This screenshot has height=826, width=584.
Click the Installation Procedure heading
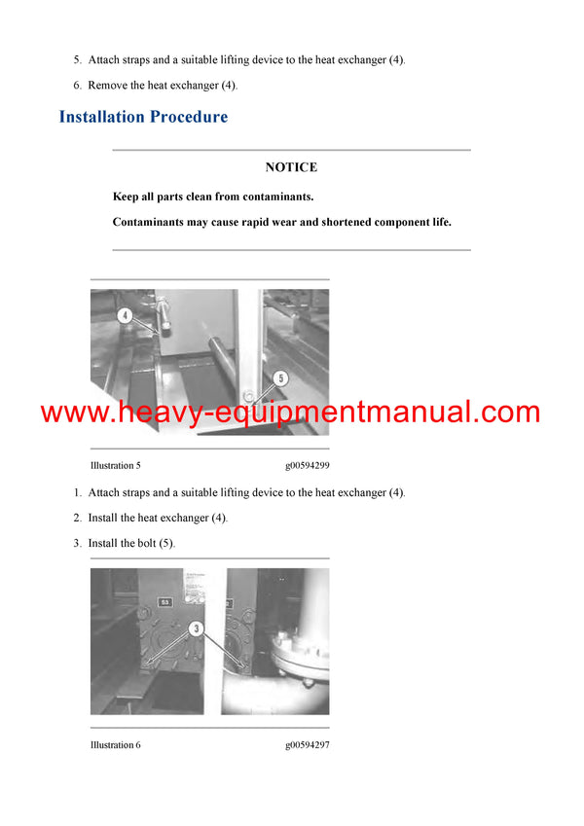143,117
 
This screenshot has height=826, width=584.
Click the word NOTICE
291,167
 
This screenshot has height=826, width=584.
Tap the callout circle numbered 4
126,315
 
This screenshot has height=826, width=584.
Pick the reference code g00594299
307,465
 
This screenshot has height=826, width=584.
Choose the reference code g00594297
307,744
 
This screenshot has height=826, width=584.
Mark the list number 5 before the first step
77,60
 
